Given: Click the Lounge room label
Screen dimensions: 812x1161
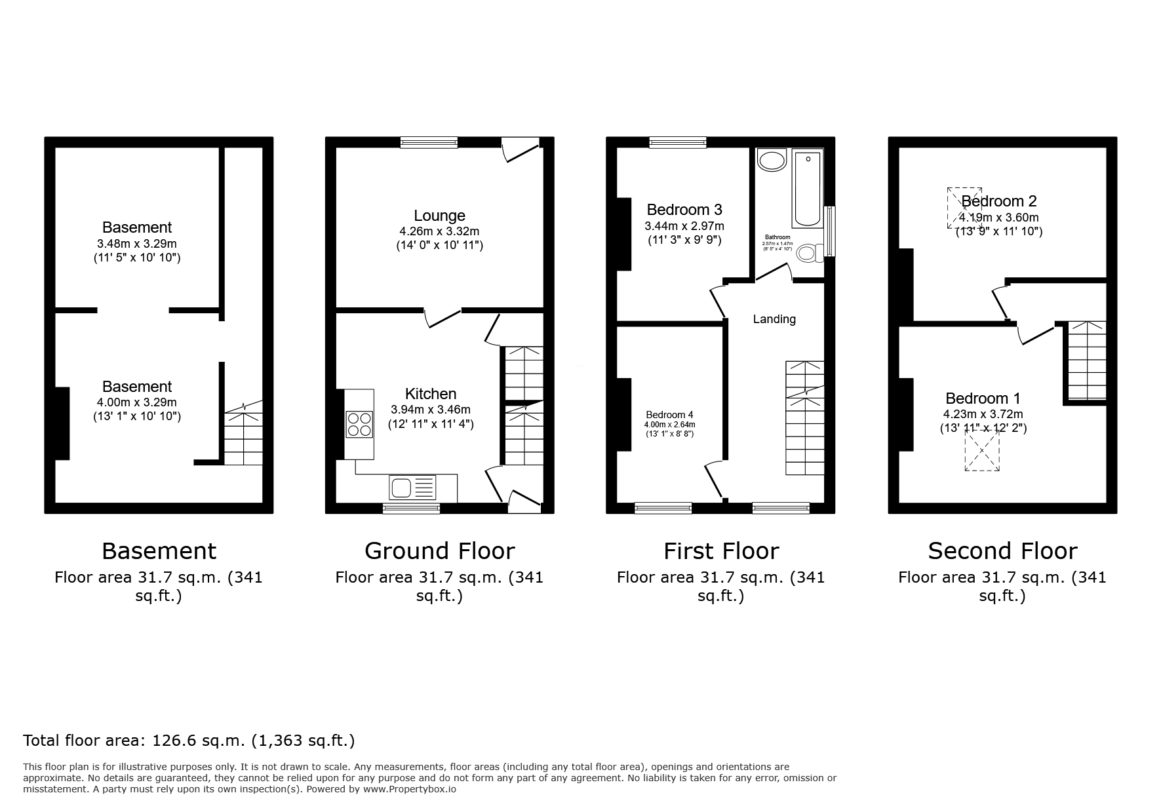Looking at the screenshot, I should pos(439,216).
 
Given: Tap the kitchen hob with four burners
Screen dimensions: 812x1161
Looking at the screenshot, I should pos(359,423).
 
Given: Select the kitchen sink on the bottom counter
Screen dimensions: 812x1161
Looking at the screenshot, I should pos(412,488).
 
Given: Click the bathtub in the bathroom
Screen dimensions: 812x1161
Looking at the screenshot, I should pos(808,187).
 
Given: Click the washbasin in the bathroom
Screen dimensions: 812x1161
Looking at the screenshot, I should pos(772,160).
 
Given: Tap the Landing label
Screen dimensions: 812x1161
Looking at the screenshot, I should pos(774,319).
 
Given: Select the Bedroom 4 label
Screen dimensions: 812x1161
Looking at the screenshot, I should pos(669,415).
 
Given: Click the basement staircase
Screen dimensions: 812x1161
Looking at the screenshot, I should pos(244,436).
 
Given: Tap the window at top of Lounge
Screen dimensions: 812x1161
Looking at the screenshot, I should pos(429,142).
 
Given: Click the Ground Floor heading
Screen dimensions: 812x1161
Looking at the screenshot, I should pos(439,551).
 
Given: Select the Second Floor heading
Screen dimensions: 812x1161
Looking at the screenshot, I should pos(1002,551).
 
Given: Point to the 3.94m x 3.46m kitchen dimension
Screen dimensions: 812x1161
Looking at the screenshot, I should pos(431,410).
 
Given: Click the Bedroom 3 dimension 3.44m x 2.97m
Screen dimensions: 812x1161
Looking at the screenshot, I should pos(684,226).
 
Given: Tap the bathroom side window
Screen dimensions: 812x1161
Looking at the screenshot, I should pos(831,231).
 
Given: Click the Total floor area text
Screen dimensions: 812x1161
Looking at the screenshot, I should pos(189,741).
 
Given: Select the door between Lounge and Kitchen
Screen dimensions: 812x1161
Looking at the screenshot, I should pos(443,317).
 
